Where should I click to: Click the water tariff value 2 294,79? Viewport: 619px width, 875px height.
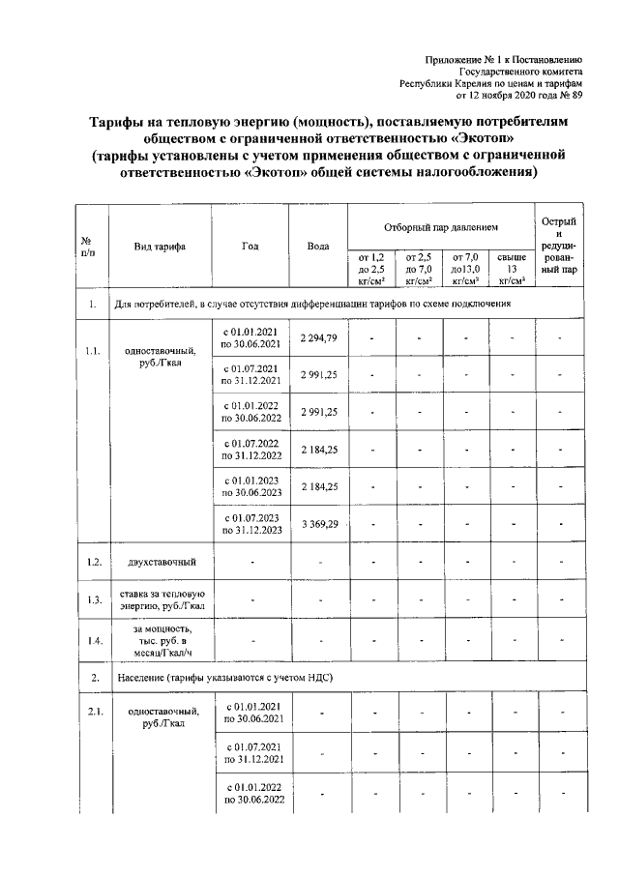pos(318,337)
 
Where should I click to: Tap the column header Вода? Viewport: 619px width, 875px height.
pos(318,246)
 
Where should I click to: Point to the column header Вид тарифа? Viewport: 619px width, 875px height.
pos(161,246)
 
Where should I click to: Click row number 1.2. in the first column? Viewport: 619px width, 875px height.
pos(92,562)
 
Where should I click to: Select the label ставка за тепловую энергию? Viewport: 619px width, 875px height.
pos(161,599)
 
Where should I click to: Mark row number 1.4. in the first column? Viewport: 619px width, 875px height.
pos(92,640)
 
